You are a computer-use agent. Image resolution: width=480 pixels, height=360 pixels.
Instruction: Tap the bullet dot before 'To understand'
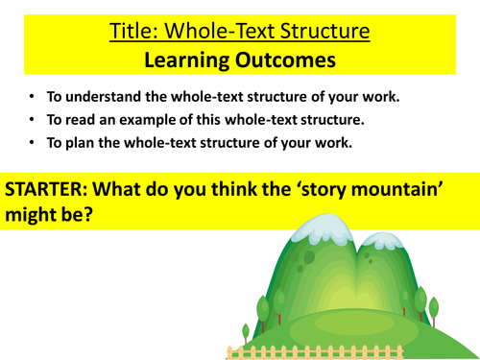(x=32, y=99)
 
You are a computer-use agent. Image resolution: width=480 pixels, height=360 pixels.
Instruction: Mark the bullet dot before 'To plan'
(x=32, y=145)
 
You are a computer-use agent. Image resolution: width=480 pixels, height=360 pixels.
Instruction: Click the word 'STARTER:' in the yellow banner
(x=46, y=188)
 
